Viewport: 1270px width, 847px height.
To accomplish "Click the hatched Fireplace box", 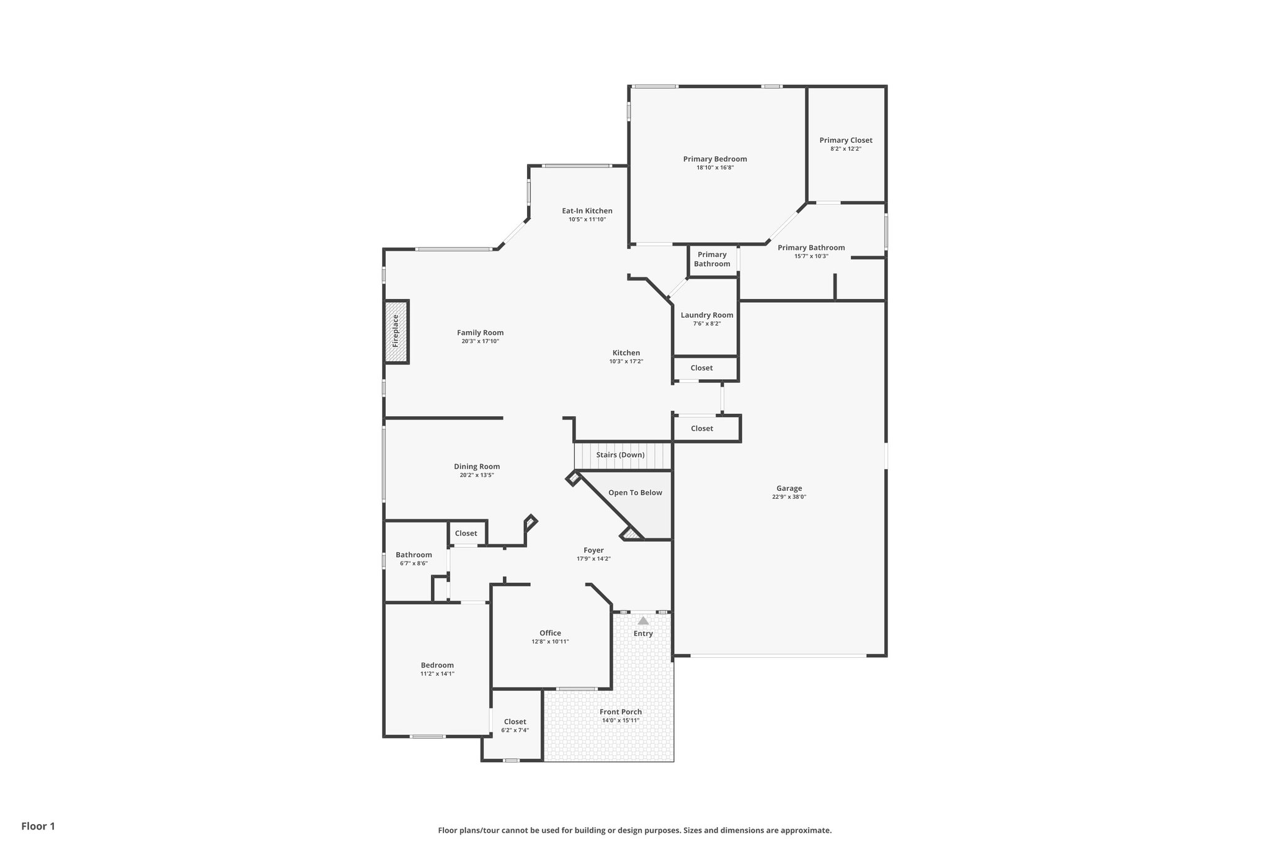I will tap(396, 332).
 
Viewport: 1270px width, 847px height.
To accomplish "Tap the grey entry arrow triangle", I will tap(643, 621).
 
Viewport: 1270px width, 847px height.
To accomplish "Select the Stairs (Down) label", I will tap(620, 455).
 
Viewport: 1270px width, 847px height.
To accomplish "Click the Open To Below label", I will tap(635, 493).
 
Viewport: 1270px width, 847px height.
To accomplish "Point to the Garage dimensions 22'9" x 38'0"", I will tap(789, 497).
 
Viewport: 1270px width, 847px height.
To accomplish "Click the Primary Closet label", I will tap(845, 140).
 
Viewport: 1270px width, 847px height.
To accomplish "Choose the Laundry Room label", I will tap(706, 315).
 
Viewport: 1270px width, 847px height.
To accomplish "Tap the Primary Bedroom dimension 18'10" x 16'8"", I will tap(715, 168).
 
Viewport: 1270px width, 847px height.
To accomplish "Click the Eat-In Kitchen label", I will tap(587, 211).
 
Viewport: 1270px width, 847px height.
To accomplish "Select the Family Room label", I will tap(480, 333).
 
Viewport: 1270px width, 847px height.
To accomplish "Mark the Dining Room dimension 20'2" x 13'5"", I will tap(476, 475).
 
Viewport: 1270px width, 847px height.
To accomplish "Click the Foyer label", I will tap(593, 550).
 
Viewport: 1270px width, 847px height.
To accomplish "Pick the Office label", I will tap(550, 634).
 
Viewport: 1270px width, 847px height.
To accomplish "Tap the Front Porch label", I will tap(621, 712).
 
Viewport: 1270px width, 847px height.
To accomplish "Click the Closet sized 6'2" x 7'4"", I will tap(515, 722).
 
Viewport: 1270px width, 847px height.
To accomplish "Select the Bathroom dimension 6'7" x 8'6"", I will tap(414, 563).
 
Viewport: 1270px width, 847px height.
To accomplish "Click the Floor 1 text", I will tap(38, 826).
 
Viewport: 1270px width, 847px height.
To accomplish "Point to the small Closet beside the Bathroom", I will tap(466, 534).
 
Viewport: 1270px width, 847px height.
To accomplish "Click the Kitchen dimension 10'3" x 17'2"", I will tap(626, 361).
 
